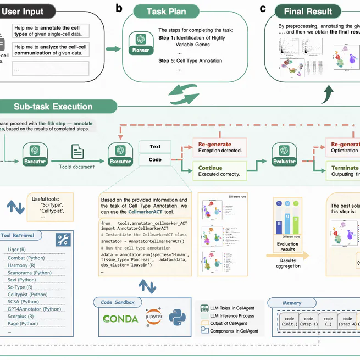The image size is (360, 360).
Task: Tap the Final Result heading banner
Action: click(307, 12)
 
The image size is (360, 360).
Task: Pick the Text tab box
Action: click(155, 146)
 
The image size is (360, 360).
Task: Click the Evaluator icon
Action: click(284, 153)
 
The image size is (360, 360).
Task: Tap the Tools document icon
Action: click(77, 152)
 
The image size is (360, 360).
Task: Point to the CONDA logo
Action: click(120, 319)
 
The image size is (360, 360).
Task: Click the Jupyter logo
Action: click(153, 319)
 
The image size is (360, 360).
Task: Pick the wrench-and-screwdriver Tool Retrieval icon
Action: click(63, 239)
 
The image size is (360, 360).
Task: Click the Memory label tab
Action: click(292, 303)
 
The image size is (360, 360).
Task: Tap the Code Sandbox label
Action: click(118, 302)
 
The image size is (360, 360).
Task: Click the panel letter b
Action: click(119, 8)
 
